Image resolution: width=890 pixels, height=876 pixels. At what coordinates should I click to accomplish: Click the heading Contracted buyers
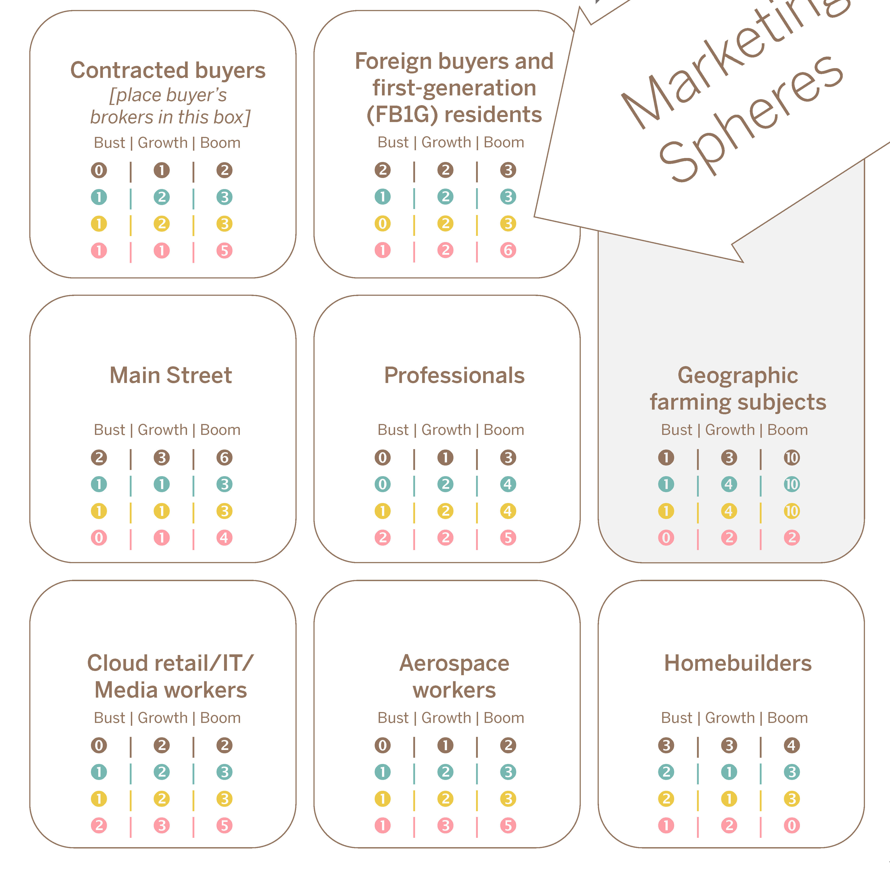pos(168,70)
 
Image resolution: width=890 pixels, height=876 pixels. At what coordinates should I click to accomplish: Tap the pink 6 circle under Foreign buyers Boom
pos(508,250)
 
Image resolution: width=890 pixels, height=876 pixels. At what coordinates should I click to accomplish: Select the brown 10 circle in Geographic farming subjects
pos(792,457)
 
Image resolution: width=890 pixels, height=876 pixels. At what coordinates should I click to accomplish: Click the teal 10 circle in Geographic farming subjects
pos(792,484)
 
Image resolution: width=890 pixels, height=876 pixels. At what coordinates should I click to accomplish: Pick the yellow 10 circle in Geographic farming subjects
pos(792,511)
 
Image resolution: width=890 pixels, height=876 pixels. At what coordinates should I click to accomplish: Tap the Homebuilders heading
pos(738,663)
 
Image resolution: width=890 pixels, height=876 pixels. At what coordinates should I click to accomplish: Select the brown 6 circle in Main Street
pos(224,457)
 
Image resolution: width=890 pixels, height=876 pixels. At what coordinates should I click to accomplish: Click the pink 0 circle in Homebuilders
pos(792,825)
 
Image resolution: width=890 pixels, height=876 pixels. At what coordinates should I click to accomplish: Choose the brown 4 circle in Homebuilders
pos(792,745)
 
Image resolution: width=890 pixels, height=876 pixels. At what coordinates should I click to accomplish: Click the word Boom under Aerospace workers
pos(504,718)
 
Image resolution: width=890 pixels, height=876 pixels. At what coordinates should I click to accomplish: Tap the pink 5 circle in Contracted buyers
pos(224,251)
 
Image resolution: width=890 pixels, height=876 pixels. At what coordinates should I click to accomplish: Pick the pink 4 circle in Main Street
pos(224,537)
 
